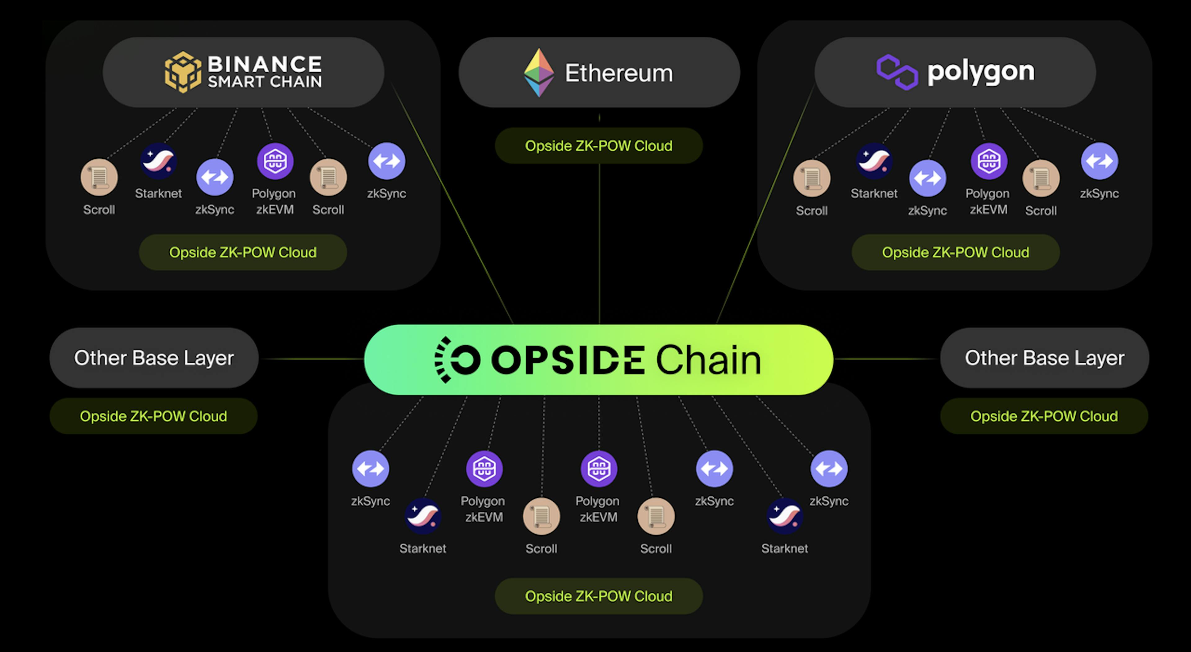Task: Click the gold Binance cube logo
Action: [183, 72]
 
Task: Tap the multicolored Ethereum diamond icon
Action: [539, 73]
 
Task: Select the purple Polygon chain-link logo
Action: [897, 72]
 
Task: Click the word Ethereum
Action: [619, 73]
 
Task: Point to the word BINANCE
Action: [265, 64]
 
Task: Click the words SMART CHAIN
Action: [265, 82]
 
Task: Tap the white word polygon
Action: [981, 72]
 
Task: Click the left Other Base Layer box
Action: [154, 358]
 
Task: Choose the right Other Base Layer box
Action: [1044, 358]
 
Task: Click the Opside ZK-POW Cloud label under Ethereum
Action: [599, 146]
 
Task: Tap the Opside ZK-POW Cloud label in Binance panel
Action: [243, 252]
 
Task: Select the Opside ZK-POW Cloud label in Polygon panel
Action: [956, 252]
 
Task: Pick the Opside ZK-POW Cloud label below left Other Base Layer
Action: [154, 416]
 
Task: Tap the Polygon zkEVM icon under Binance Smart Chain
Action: [275, 161]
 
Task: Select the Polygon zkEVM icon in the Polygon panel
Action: [988, 161]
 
